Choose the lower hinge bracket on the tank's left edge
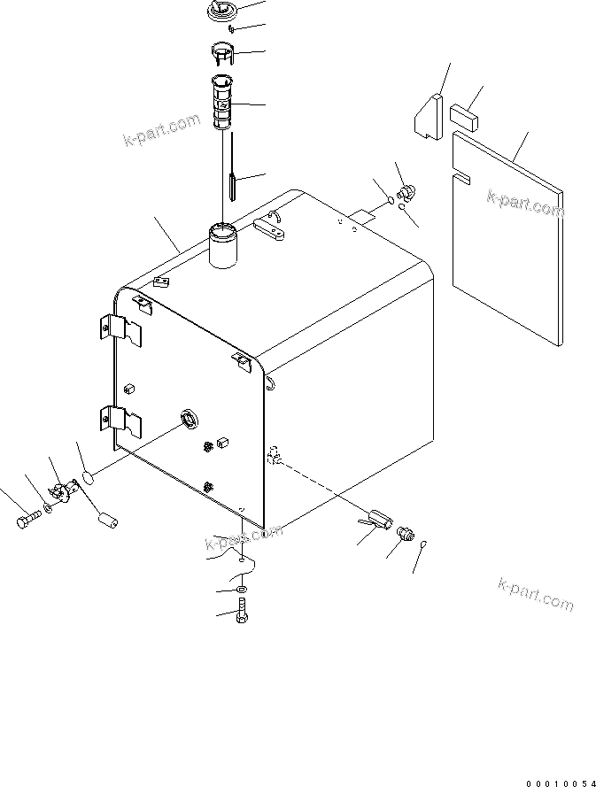coord(122,422)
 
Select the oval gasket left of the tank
coord(88,480)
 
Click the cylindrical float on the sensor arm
coord(106,518)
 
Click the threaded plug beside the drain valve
coord(406,535)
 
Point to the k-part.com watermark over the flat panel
coord(525,203)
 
